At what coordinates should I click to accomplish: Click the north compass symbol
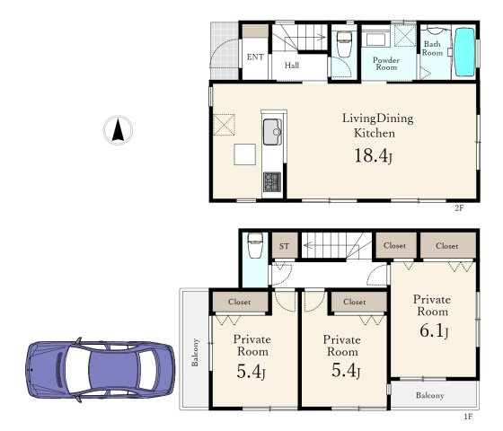(x=118, y=130)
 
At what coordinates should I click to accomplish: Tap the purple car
(x=101, y=370)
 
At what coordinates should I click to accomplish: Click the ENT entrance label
(x=255, y=57)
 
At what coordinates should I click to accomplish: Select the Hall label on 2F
(x=292, y=66)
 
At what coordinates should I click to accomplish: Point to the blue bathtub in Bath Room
(x=465, y=52)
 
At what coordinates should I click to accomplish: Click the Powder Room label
(x=386, y=64)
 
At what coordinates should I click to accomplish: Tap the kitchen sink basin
(x=272, y=132)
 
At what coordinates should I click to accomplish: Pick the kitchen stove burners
(x=272, y=181)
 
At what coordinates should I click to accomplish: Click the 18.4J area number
(x=373, y=156)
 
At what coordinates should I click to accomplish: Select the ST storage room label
(x=284, y=246)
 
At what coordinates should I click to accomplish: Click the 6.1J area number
(x=434, y=330)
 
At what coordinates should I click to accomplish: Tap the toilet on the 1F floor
(x=255, y=245)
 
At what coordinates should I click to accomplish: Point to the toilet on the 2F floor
(x=344, y=44)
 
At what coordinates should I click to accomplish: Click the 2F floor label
(x=459, y=207)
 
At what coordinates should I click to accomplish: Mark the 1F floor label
(x=468, y=417)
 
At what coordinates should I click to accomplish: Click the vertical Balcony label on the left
(x=195, y=352)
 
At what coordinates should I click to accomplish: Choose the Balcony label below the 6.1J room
(x=430, y=395)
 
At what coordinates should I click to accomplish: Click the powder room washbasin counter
(x=376, y=40)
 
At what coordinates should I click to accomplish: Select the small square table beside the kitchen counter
(x=244, y=154)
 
